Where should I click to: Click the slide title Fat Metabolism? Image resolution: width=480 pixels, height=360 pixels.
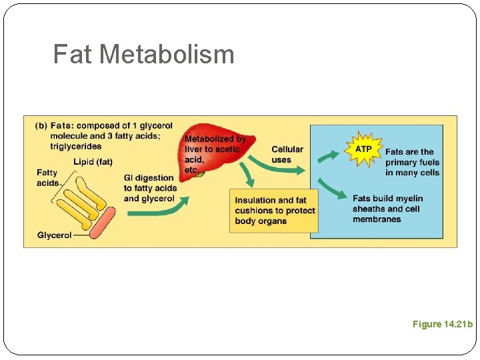pyautogui.click(x=143, y=54)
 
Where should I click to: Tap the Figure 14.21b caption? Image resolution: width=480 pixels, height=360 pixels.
pyautogui.click(x=442, y=324)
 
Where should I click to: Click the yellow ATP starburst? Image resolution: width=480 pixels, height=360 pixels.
pyautogui.click(x=363, y=149)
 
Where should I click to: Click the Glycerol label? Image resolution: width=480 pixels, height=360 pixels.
pyautogui.click(x=55, y=235)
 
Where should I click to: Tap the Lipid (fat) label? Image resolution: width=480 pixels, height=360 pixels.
pyautogui.click(x=93, y=162)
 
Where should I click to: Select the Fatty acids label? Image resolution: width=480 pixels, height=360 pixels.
pyautogui.click(x=47, y=178)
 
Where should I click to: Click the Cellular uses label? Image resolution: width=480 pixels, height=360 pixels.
pyautogui.click(x=287, y=154)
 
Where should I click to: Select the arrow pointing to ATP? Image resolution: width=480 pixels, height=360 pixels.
pyautogui.click(x=328, y=157)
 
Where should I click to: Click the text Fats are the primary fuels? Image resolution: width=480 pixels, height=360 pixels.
pyautogui.click(x=412, y=162)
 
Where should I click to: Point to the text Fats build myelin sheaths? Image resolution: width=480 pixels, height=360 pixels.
pyautogui.click(x=387, y=209)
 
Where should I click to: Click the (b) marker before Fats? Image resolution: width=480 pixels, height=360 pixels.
pyautogui.click(x=40, y=125)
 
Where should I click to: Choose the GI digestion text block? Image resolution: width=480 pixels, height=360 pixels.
pyautogui.click(x=150, y=188)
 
